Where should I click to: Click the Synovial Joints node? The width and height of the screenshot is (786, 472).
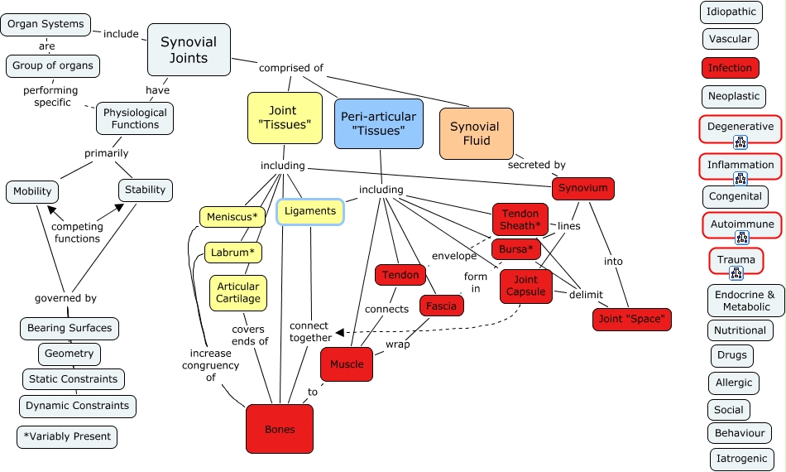coord(189,50)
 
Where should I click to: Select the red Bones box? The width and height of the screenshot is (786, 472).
coord(280,429)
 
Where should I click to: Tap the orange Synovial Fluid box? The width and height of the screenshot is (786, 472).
coord(475,133)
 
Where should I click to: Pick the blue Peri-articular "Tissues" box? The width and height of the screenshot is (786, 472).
coord(378,123)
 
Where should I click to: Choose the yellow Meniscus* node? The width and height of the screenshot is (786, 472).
coord(232,217)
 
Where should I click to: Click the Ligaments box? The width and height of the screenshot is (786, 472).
coord(310,211)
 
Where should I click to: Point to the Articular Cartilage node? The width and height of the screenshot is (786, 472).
coord(238,292)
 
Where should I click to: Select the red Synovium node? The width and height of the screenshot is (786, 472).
coord(582,189)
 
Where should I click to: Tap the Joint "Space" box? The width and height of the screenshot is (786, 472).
coord(632,319)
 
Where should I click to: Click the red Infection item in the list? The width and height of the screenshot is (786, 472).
coord(730,68)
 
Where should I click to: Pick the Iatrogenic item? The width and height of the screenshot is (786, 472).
coord(742,459)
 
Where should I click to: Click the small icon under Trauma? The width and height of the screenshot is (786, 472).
coord(736,272)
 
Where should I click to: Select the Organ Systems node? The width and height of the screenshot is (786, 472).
coord(46,24)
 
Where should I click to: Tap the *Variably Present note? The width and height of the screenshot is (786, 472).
coord(67,436)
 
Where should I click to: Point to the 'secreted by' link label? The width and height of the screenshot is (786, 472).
coord(537,165)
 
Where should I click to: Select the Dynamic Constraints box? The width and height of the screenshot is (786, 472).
coord(77,406)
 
